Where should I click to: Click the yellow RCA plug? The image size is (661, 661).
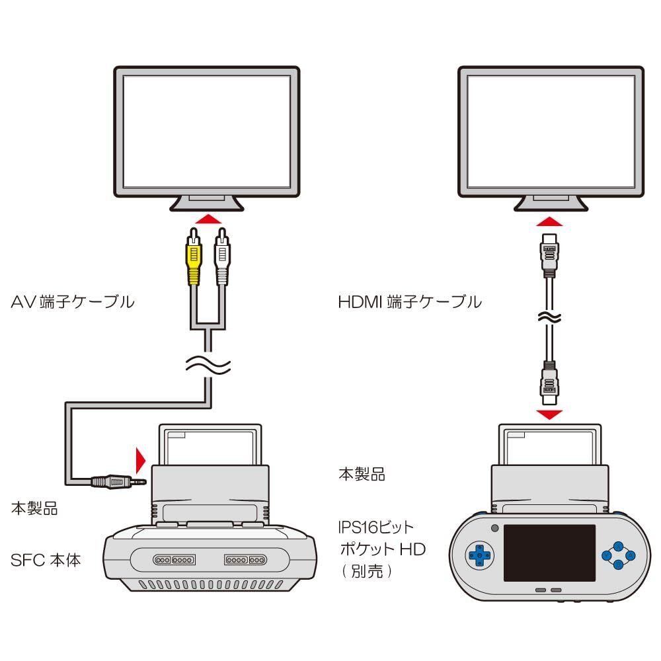coord(194,256)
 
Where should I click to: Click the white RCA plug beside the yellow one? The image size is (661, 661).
coord(221,256)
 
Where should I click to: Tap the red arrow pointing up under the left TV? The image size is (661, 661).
coord(208,219)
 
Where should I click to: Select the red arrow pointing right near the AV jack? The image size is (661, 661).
coord(140,459)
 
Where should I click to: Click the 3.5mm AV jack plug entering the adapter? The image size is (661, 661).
coord(119,481)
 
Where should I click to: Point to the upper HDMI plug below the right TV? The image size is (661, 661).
coord(549,255)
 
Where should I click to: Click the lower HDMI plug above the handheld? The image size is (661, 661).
coord(549,383)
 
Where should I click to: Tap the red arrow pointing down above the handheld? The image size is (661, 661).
coord(549,414)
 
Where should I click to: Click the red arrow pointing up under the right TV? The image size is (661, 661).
coord(549,221)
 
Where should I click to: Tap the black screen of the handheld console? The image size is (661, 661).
coord(549,553)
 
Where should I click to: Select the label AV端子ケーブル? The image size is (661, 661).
coord(73,302)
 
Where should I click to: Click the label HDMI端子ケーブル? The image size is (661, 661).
coord(410,302)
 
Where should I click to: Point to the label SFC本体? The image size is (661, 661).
coord(46,560)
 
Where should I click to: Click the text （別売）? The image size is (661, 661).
coord(367,572)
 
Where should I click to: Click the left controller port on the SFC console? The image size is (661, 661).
coord(175,560)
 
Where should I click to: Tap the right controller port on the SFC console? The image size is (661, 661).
coord(246,560)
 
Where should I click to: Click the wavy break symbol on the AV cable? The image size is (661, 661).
coord(208,365)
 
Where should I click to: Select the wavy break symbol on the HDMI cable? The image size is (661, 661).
coord(549,317)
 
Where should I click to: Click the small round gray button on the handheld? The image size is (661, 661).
coord(495,527)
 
